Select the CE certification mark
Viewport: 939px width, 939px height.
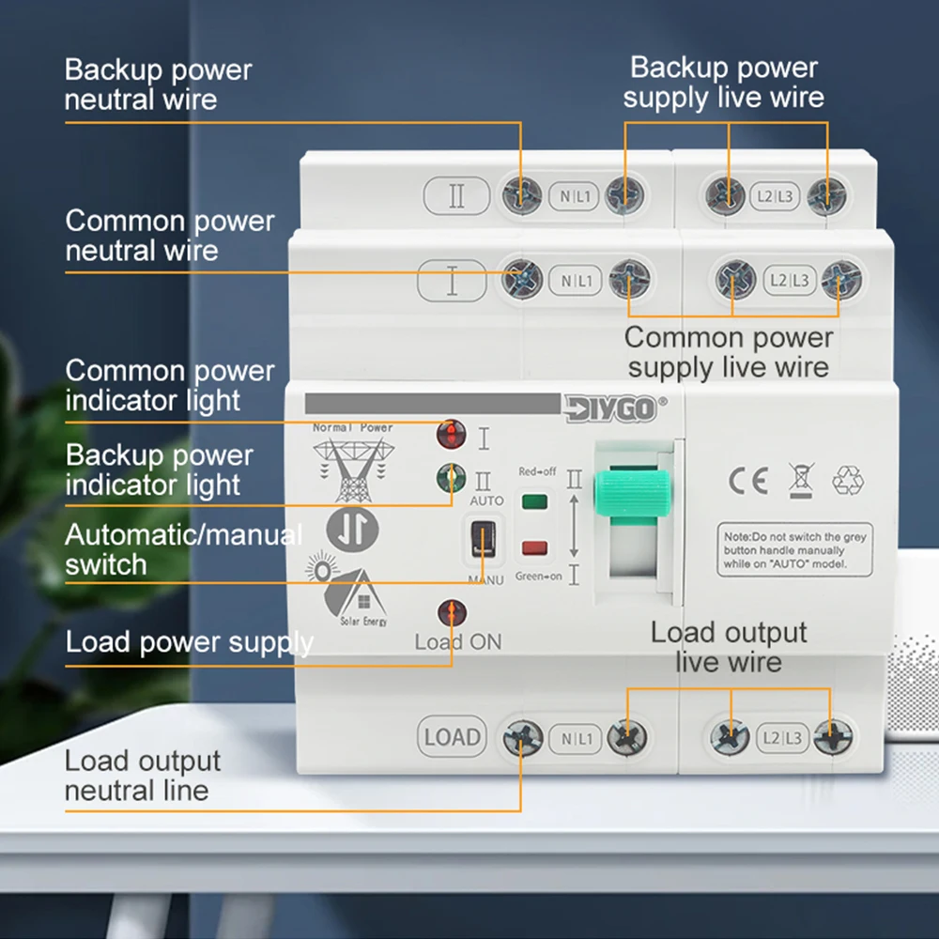pyautogui.click(x=748, y=480)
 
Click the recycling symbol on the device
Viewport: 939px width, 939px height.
pyautogui.click(x=848, y=480)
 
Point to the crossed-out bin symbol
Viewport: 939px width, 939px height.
pyautogui.click(x=800, y=480)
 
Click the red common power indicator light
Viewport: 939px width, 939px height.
pyautogui.click(x=452, y=435)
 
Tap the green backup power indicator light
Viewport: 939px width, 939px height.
pyautogui.click(x=452, y=479)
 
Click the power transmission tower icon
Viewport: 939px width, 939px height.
pyautogui.click(x=352, y=469)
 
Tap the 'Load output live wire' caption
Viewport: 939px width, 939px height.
pyautogui.click(x=729, y=647)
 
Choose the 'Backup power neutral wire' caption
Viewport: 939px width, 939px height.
pyautogui.click(x=158, y=85)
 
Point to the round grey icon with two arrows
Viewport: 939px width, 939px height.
pyautogui.click(x=352, y=529)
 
